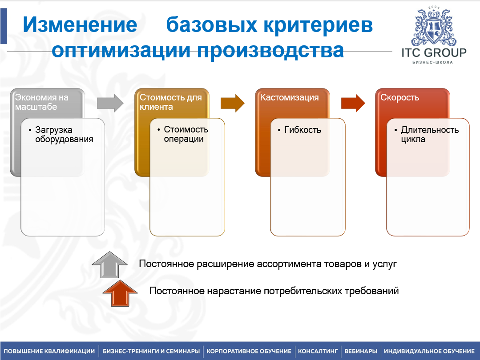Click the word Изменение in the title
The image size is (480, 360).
tap(80, 24)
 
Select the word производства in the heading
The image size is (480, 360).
tap(270, 51)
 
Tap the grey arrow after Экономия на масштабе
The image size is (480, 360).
tap(110, 103)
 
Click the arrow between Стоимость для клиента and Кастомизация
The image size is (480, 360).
tap(233, 103)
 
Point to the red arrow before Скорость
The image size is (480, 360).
tap(353, 103)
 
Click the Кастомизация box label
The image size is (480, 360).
tap(289, 97)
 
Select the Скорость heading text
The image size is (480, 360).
tap(399, 97)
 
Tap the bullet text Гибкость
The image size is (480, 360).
tap(303, 130)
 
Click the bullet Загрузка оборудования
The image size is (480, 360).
tap(64, 135)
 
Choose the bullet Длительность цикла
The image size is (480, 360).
tap(430, 135)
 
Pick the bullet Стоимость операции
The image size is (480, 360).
tap(186, 134)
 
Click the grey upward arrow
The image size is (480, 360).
tap(109, 265)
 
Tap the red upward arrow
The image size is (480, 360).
tap(120, 293)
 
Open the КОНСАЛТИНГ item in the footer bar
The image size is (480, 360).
tap(318, 351)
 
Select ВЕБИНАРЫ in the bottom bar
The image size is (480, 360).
tap(361, 351)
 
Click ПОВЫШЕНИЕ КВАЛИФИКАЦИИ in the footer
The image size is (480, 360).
tap(49, 351)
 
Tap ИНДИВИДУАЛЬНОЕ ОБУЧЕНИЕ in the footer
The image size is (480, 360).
tap(429, 351)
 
